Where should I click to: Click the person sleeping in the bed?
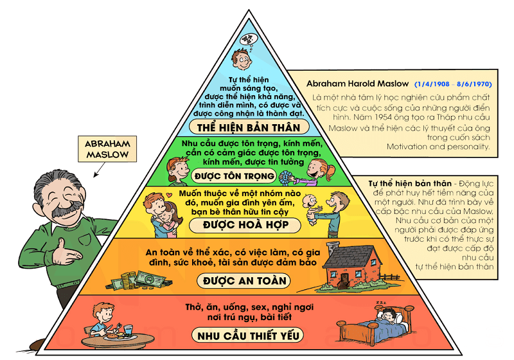386,316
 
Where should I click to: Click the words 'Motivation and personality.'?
438,147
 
